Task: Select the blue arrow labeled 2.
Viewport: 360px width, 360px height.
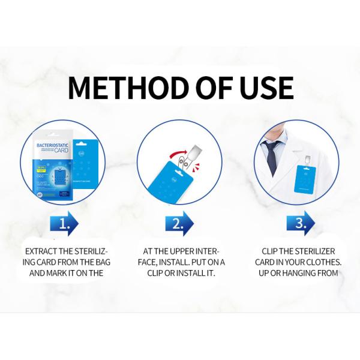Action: click(x=179, y=223)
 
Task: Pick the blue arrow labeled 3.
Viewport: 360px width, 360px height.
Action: click(x=298, y=223)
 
